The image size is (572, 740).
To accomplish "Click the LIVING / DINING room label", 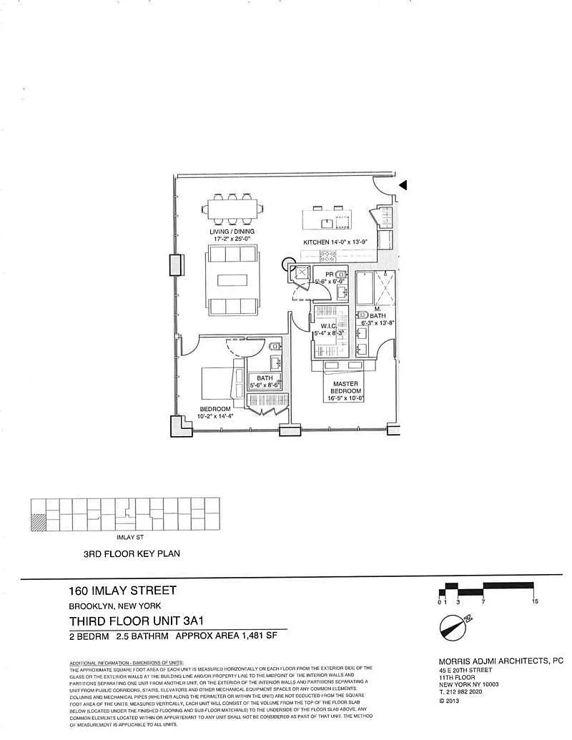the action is (232, 232).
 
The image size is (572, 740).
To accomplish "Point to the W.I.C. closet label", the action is (329, 327).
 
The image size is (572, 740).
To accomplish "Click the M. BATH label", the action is (380, 311).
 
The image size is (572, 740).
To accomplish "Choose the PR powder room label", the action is (330, 274).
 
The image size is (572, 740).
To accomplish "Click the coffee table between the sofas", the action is (232, 280).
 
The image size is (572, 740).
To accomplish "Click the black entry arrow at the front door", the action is (403, 185).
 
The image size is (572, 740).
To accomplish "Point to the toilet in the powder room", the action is (342, 274).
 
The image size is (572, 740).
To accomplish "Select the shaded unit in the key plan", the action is (38, 521).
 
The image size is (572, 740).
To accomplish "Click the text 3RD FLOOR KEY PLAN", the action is (132, 553).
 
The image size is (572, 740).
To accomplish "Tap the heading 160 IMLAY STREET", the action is (122, 591).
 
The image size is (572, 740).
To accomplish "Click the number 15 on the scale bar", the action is (535, 602).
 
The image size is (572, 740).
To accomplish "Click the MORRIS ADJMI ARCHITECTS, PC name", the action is (500, 661).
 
